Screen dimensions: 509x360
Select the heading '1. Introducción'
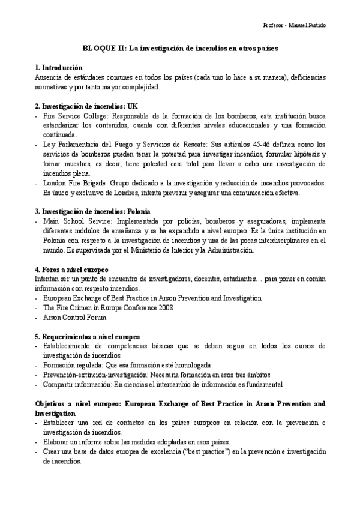tap(59, 68)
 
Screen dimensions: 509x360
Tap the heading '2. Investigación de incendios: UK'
tap(86, 106)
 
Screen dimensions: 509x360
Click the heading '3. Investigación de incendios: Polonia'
tap(92, 211)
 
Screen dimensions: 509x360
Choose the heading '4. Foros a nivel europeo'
tap(71, 270)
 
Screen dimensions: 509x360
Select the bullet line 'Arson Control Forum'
tap(74, 318)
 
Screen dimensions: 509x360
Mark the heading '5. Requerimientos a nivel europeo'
tap(87, 337)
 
